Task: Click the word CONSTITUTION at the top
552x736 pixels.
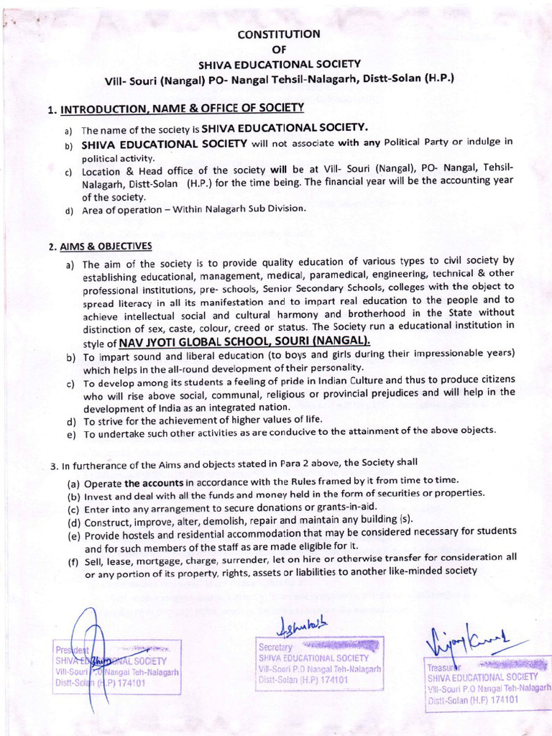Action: pyautogui.click(x=279, y=34)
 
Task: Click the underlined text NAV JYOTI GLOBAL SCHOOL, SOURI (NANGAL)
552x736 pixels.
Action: pyautogui.click(x=244, y=340)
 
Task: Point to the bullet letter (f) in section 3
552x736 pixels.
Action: pyautogui.click(x=73, y=561)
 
